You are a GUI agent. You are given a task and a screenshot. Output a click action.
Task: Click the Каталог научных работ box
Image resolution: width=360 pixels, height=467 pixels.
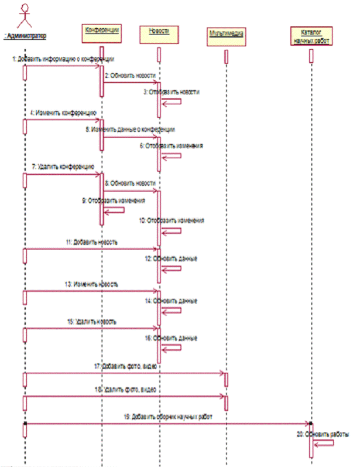click(311, 35)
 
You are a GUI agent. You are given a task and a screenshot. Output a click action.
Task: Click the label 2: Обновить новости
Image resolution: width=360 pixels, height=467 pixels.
click(131, 76)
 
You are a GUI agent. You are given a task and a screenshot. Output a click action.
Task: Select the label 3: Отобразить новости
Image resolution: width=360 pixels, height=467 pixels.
click(172, 92)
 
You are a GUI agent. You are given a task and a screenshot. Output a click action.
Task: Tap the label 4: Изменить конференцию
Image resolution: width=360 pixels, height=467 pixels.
click(64, 112)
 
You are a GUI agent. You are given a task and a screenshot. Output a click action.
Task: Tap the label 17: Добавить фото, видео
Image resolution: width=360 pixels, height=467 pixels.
click(128, 366)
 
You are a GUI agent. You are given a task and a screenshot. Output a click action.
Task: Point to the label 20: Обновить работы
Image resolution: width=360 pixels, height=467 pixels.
click(322, 434)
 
